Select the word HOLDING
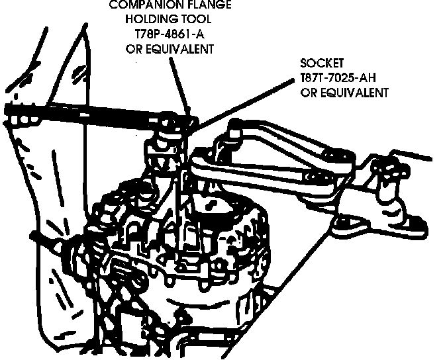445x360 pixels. tap(149, 19)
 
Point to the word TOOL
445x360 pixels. tap(197, 19)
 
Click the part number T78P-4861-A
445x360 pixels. tap(171, 34)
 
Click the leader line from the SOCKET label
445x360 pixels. tap(245, 100)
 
